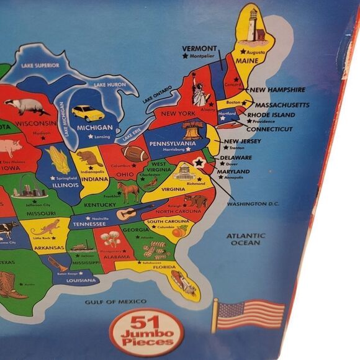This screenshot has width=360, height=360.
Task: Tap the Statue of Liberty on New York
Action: (x=199, y=91)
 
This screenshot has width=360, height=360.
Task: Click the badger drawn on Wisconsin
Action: (x=25, y=106)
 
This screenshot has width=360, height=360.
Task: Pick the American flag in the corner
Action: (x=249, y=314)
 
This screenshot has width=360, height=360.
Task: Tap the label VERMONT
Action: (x=200, y=48)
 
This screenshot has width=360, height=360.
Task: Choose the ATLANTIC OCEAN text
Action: (x=245, y=239)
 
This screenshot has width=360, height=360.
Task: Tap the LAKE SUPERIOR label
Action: (x=40, y=64)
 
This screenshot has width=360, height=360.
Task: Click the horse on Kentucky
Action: (x=129, y=192)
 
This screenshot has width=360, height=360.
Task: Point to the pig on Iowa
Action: (x=10, y=148)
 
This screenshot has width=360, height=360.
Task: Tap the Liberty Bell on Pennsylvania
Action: (x=192, y=130)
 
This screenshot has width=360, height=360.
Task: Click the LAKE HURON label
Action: (x=110, y=84)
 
